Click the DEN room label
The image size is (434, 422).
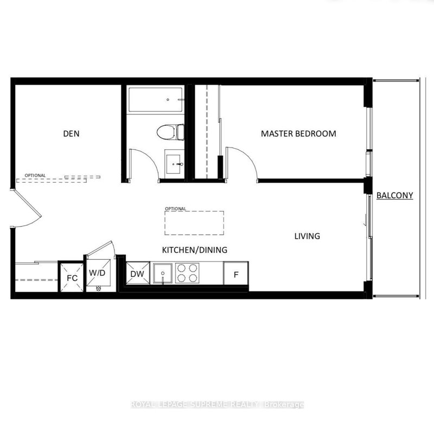[x=72, y=133]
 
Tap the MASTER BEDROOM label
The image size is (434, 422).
[x=298, y=133]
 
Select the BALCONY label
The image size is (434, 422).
[x=394, y=195]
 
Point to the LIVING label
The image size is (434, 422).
[x=307, y=236]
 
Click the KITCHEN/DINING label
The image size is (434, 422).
[x=194, y=250]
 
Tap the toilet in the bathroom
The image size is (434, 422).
[x=169, y=131]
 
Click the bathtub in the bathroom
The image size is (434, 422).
[x=156, y=100]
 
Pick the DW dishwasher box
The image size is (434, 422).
[x=138, y=274]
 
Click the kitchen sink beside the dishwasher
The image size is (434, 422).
[x=162, y=274]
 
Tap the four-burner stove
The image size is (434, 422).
[x=187, y=273]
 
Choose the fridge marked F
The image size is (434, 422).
[x=236, y=274]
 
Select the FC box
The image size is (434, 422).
[x=72, y=278]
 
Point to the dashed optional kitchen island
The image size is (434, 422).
[x=194, y=223]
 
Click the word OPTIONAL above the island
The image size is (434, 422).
[x=175, y=208]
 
